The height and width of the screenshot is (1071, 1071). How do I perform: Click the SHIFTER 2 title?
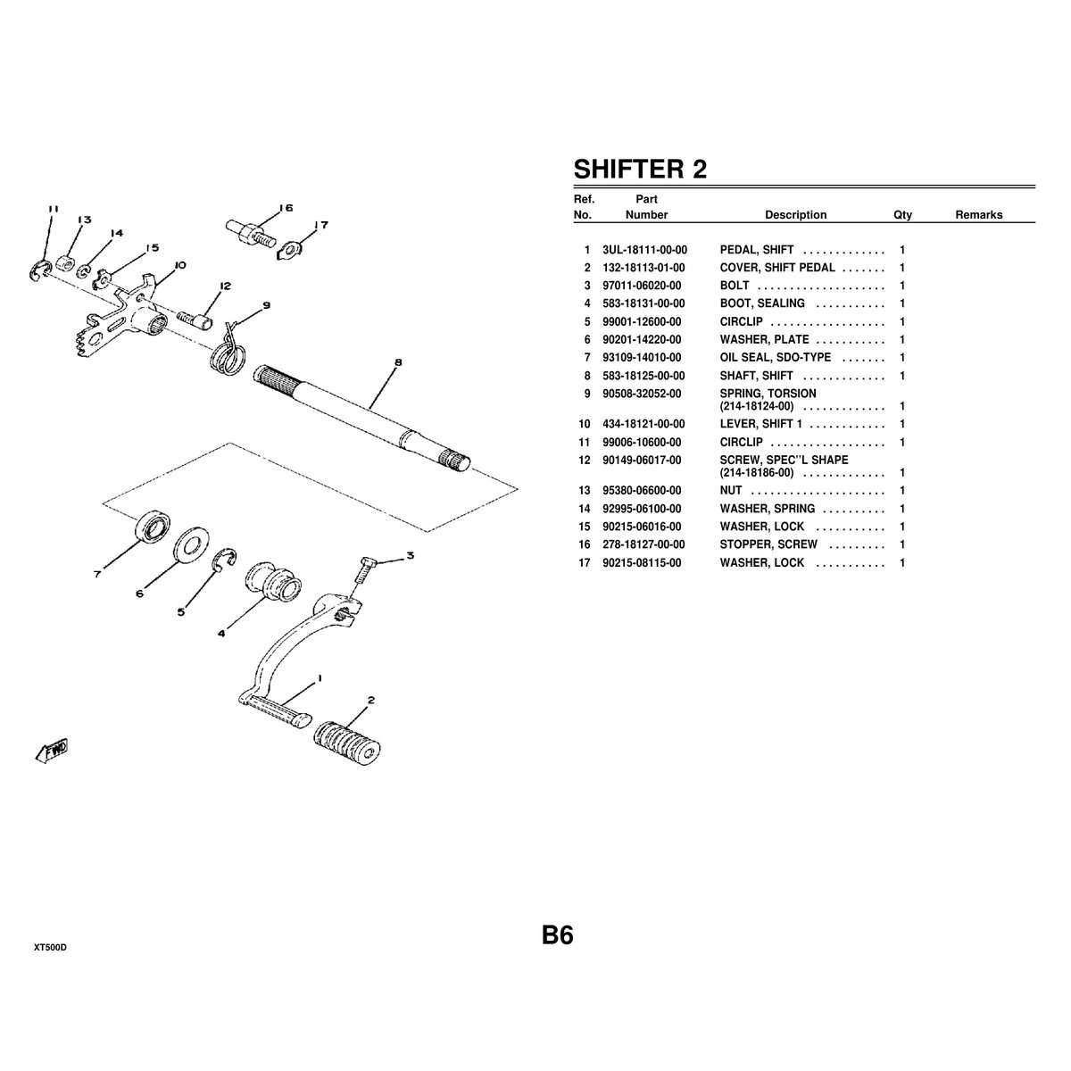click(x=640, y=170)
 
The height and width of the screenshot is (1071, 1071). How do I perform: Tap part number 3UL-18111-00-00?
click(x=644, y=250)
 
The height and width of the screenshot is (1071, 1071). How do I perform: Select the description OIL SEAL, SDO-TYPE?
click(x=775, y=357)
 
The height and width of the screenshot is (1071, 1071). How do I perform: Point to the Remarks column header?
click(x=978, y=215)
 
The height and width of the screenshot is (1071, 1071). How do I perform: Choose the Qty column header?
click(x=902, y=215)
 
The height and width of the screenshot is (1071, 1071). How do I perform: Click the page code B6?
click(x=557, y=935)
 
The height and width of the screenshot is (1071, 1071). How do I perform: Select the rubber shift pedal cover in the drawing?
click(x=345, y=742)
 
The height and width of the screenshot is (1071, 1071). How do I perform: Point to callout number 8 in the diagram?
click(x=397, y=362)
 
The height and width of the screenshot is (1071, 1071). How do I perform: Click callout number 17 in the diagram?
click(x=321, y=225)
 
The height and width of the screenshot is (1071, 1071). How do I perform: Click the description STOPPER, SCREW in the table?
click(x=768, y=544)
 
